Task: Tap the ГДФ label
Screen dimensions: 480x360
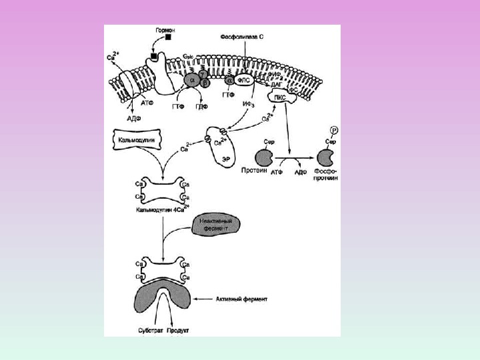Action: click(x=199, y=105)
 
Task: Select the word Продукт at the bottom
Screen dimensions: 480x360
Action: click(x=179, y=330)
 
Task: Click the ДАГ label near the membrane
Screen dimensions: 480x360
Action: click(x=276, y=85)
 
